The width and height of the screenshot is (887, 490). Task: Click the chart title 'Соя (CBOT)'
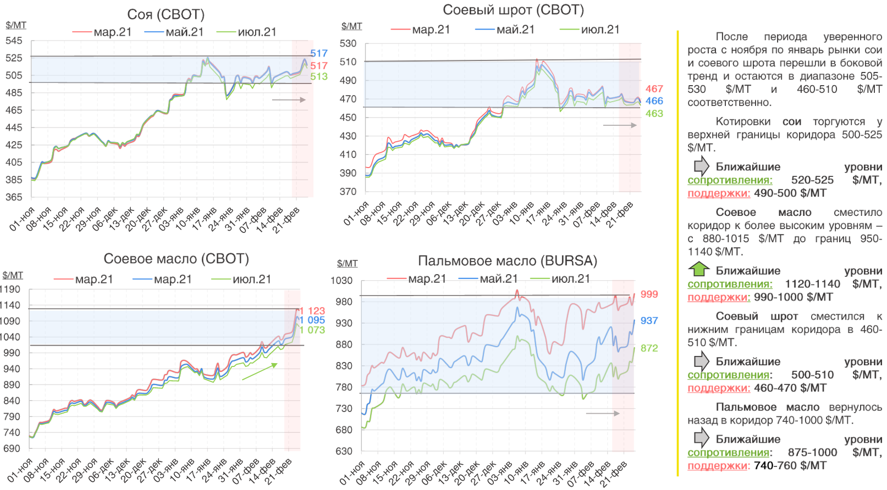click(166, 14)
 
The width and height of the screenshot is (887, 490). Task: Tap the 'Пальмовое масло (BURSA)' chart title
click(507, 260)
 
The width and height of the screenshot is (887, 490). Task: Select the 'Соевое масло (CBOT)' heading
click(176, 259)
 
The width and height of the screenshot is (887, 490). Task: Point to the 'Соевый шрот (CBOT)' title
click(513, 10)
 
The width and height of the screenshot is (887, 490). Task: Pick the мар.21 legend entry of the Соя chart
click(102, 32)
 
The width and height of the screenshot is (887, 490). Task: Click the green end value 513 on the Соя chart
click(319, 77)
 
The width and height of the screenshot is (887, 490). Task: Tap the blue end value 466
click(654, 101)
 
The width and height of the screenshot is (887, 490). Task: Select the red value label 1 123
click(312, 311)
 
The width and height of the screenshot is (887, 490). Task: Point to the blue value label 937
click(649, 321)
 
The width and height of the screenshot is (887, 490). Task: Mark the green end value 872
click(649, 348)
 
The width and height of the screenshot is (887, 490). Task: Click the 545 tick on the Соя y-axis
click(14, 41)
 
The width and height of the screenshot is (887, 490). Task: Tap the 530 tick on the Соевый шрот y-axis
click(348, 43)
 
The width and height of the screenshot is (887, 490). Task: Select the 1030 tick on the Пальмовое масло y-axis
click(341, 281)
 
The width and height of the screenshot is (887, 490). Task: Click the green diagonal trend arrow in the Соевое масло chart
click(260, 371)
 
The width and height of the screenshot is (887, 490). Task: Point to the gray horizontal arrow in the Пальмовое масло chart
click(603, 413)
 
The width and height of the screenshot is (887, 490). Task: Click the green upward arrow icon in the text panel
click(699, 269)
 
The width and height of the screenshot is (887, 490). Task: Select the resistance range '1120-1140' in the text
click(812, 284)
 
